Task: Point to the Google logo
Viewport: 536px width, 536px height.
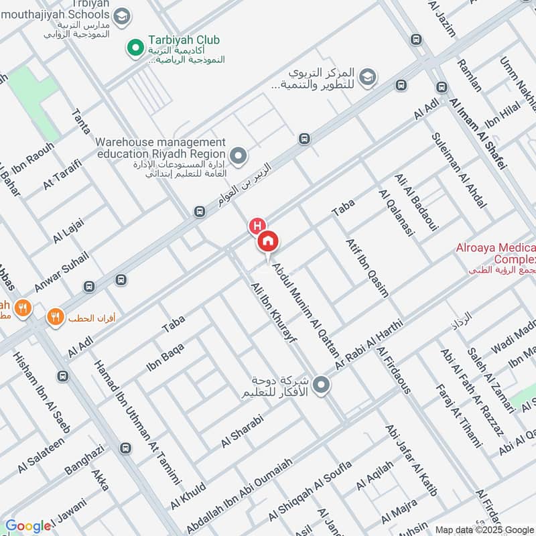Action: pos(27,526)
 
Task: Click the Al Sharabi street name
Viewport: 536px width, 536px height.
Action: pos(243,431)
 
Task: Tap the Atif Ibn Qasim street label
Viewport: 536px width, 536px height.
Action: pos(366,267)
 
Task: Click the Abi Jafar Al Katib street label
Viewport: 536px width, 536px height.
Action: pos(411,459)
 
